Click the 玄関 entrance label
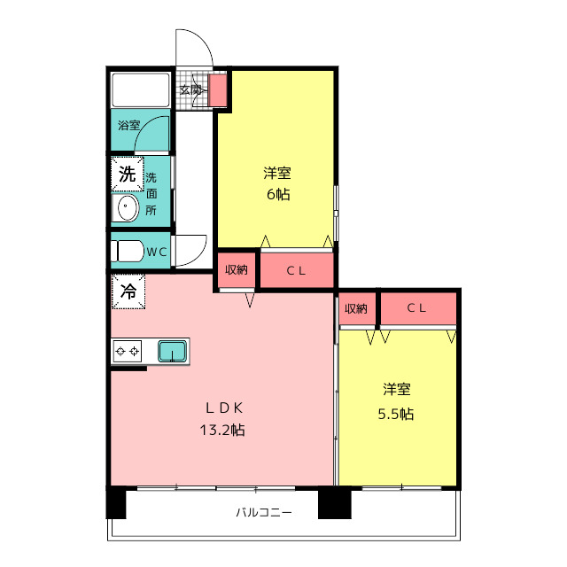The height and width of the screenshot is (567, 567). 190,89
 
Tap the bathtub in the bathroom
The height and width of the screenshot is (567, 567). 141,90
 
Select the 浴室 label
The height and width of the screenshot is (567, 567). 128,126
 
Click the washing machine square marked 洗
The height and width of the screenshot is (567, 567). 128,174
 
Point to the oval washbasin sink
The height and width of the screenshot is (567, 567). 125,208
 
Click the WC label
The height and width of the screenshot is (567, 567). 157,252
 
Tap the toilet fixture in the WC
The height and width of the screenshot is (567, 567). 128,251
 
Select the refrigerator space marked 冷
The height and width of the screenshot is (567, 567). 128,291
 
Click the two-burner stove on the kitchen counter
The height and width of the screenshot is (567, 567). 128,351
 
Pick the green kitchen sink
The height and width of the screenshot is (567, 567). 173,352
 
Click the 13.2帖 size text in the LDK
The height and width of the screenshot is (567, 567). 222,430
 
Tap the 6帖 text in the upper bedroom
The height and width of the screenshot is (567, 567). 278,195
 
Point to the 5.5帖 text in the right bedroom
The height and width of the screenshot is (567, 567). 396,414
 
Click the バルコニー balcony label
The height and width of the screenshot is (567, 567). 264,512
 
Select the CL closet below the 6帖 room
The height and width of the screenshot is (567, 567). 297,270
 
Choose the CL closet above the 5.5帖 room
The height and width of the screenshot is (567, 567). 418,308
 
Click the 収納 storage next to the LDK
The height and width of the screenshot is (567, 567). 237,269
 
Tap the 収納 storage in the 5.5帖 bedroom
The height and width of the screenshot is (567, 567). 356,308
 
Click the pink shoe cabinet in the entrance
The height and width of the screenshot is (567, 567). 218,90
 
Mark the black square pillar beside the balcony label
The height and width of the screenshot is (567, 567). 335,503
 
